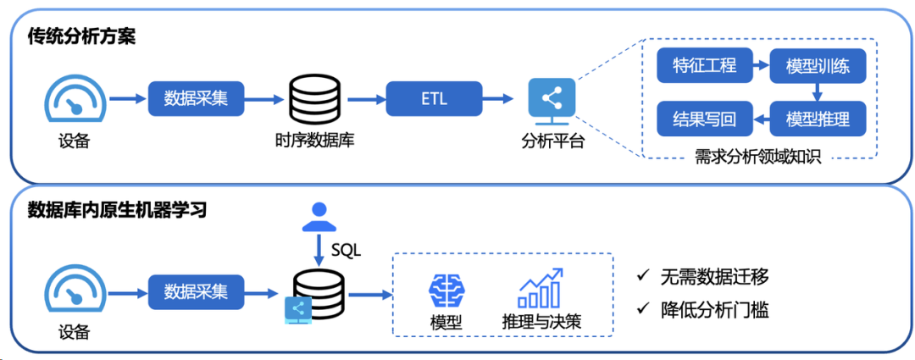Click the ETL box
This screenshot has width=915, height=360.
(434, 99)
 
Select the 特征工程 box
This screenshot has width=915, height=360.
(703, 65)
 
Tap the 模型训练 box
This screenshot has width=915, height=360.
(817, 65)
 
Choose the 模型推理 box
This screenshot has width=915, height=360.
(817, 119)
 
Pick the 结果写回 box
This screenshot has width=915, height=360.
(703, 119)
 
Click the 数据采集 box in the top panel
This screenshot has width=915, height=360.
(195, 99)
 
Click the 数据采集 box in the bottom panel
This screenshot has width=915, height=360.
(195, 291)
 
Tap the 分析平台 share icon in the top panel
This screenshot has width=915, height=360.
(552, 99)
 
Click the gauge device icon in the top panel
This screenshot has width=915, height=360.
(74, 99)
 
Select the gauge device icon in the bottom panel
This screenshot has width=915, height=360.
(74, 291)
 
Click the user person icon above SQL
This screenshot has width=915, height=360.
(319, 215)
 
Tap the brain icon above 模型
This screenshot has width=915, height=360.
(446, 291)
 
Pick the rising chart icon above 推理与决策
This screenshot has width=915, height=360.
(541, 289)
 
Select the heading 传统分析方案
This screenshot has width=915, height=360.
(82, 36)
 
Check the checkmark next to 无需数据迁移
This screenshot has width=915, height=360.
(643, 276)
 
